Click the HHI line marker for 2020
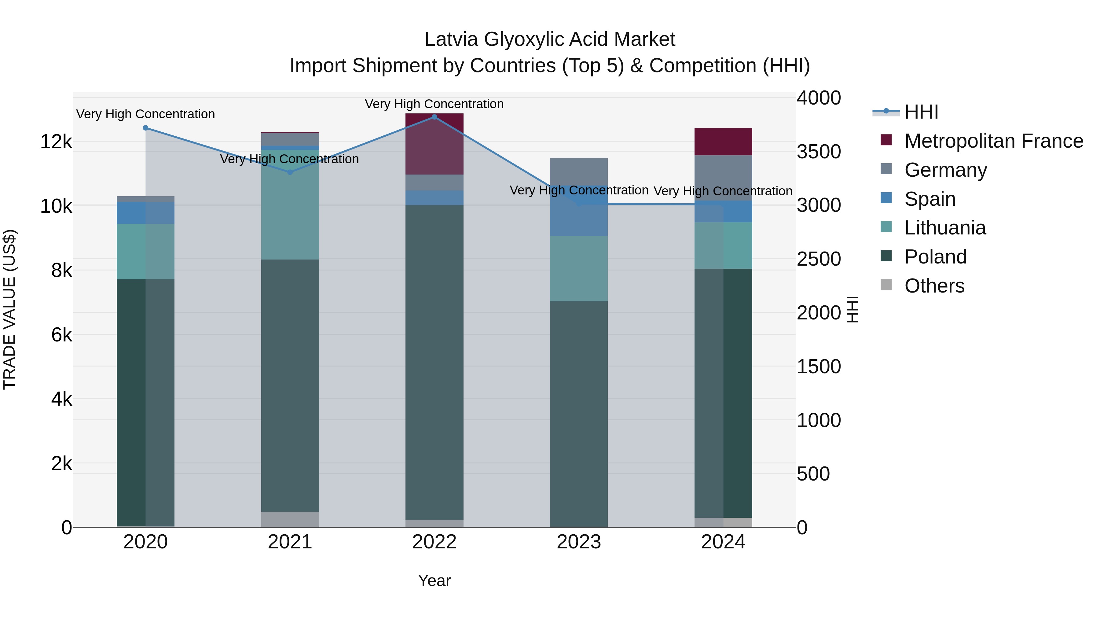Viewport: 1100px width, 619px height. [x=146, y=128]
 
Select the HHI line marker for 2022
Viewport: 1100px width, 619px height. [x=434, y=117]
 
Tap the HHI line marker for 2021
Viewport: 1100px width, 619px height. [x=290, y=172]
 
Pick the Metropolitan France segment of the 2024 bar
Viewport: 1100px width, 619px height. [x=723, y=142]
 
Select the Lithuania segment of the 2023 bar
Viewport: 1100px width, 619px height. [x=579, y=268]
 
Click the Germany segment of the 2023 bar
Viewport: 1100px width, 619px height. [x=579, y=171]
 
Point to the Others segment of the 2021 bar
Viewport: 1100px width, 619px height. [x=290, y=519]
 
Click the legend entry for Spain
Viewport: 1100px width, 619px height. [x=930, y=199]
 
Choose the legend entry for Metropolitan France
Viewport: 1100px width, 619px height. [x=993, y=141]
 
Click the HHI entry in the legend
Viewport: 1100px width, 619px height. [x=921, y=112]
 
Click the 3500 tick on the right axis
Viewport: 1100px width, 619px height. [x=819, y=152]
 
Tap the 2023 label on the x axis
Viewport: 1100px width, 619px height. [x=579, y=542]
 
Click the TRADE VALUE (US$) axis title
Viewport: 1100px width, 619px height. [x=9, y=309]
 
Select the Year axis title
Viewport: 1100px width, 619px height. [x=434, y=580]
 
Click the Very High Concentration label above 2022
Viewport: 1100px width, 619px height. [x=434, y=104]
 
